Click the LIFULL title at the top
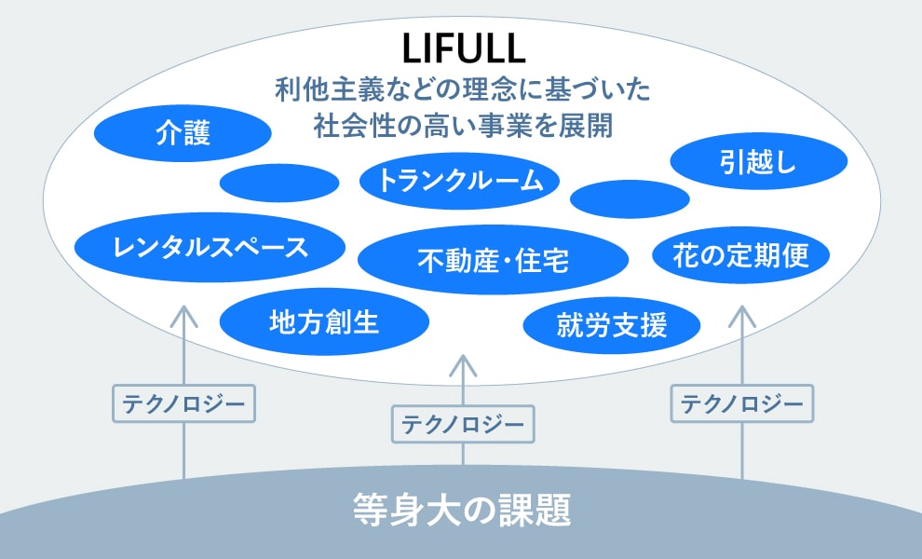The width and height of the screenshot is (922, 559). click(x=461, y=49)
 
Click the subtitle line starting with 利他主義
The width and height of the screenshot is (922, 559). click(x=461, y=90)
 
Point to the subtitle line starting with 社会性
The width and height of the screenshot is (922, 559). click(x=461, y=126)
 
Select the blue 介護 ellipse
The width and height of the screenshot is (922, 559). click(x=183, y=135)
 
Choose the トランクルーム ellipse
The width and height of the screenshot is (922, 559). click(x=460, y=181)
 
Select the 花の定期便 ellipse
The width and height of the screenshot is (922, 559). click(x=740, y=254)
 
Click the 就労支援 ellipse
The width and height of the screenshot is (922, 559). click(x=612, y=324)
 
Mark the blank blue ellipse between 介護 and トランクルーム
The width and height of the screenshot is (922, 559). click(x=279, y=183)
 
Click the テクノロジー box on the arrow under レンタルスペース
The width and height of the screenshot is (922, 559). click(x=183, y=403)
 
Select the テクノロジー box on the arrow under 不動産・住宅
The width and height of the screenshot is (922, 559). click(x=463, y=424)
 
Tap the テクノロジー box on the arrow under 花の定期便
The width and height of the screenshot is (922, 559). click(x=741, y=403)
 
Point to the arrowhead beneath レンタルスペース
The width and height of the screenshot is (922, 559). click(x=183, y=312)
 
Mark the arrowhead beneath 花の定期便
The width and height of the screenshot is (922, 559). click(x=741, y=312)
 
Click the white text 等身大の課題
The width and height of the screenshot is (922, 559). click(x=461, y=511)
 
